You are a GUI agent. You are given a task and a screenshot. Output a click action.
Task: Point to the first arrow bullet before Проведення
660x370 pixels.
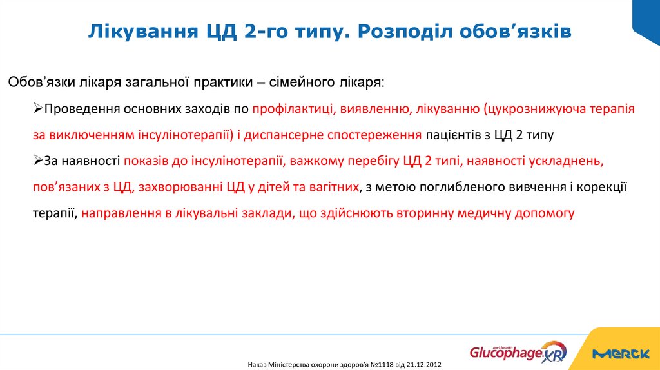(x=38, y=109)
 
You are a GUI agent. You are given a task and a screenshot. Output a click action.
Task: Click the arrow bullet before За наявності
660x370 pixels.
(x=38, y=160)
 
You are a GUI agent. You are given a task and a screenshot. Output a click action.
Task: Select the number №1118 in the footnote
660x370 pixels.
(x=380, y=365)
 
